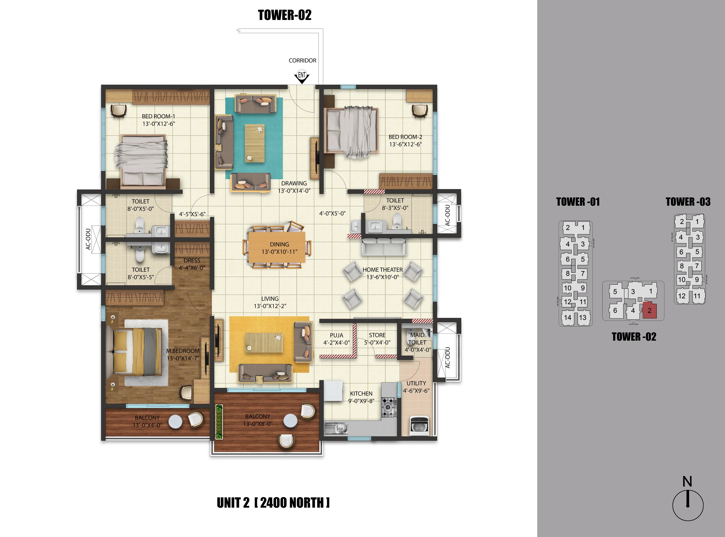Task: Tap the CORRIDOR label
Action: [x=302, y=60]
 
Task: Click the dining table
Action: [x=277, y=247]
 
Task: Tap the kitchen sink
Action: [x=336, y=428]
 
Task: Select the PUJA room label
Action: [x=336, y=335]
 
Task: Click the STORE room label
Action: [x=377, y=335]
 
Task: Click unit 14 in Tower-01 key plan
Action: [x=568, y=318]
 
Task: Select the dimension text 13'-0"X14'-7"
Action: [x=183, y=358]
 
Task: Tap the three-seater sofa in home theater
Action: [x=384, y=247]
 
